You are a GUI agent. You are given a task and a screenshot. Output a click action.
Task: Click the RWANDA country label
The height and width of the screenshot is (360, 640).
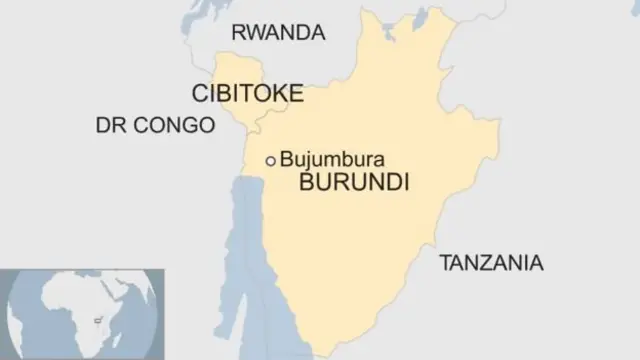click(278, 33)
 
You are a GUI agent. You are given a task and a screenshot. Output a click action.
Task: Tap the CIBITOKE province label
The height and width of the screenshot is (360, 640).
click(247, 94)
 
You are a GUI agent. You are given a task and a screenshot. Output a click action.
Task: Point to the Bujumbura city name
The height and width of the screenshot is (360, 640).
click(333, 159)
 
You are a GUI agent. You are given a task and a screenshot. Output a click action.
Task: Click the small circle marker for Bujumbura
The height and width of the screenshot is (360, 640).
click(270, 160)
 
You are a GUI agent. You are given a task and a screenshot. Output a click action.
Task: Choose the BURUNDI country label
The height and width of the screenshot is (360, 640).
click(356, 184)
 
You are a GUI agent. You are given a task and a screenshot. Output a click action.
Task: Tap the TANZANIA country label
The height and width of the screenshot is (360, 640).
click(491, 264)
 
